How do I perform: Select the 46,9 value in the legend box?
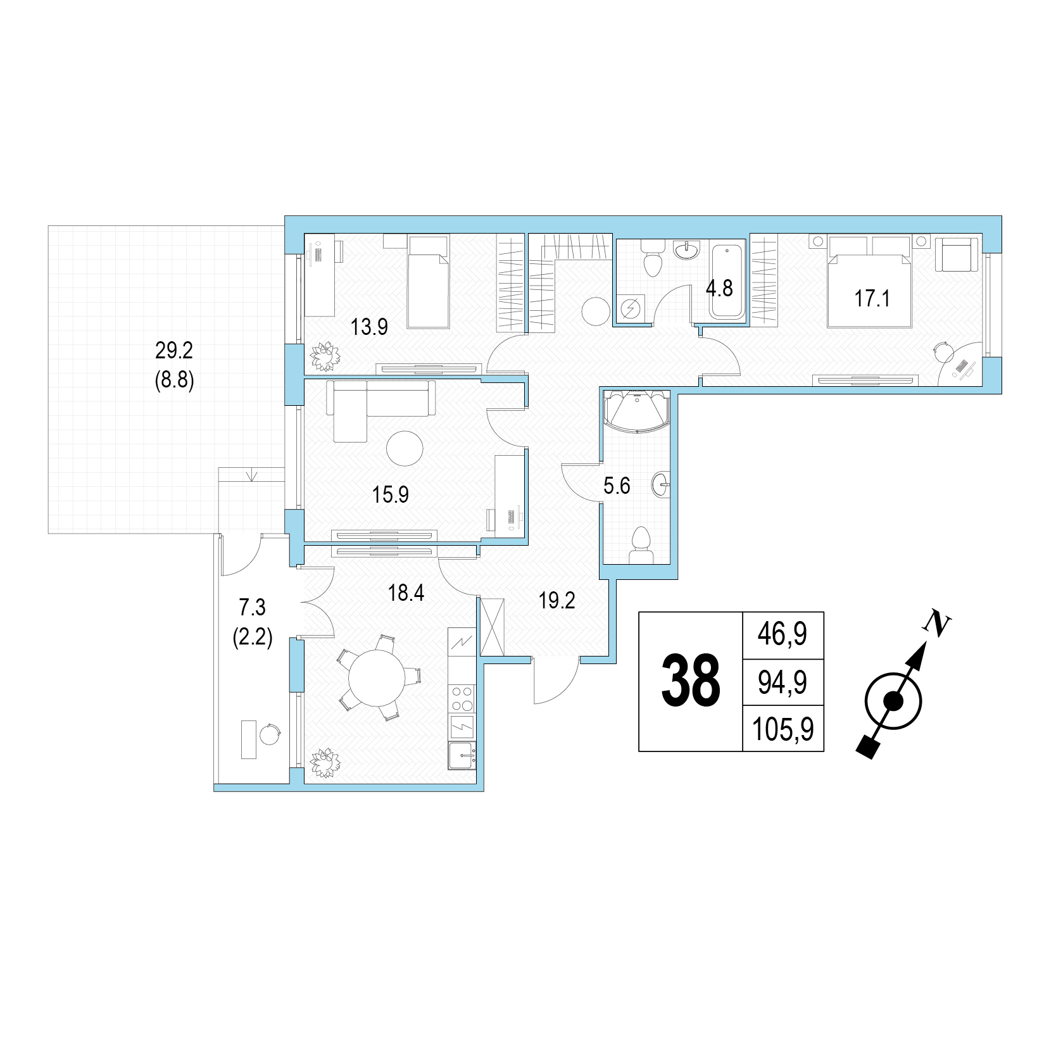coord(783,635)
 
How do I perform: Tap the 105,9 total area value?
coord(783,730)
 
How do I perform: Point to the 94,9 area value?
coord(783,683)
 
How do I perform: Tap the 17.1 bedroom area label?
coord(872,298)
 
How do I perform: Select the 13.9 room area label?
coord(369,327)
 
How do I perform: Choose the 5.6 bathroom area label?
coord(617,486)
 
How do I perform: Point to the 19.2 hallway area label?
coord(557,601)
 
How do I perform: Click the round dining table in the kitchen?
coord(377,679)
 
